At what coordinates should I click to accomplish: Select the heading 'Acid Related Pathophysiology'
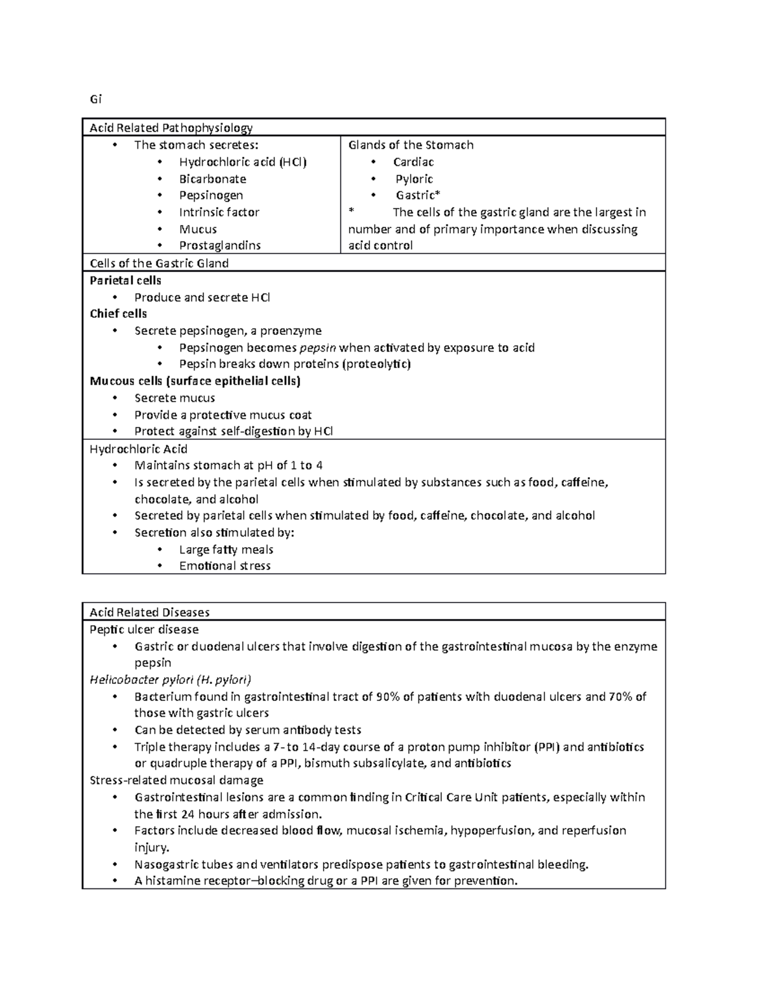tap(171, 128)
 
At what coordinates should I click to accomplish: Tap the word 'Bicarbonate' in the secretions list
tap(212, 179)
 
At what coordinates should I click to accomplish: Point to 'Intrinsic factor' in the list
tap(219, 212)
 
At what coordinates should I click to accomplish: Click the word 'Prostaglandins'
tap(220, 245)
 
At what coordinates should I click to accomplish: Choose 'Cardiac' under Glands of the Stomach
tap(413, 162)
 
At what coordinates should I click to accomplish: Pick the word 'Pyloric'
tap(415, 179)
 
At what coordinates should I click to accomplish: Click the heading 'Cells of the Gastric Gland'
tap(159, 263)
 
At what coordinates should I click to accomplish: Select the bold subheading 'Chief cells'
tap(118, 314)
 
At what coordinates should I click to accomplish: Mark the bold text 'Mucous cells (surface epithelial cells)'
tap(195, 381)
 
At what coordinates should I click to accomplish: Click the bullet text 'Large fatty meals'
tap(226, 550)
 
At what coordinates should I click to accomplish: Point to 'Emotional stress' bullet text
tap(224, 566)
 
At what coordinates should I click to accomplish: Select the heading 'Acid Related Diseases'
tap(149, 613)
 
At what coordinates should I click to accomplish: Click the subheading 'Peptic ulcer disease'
tap(144, 630)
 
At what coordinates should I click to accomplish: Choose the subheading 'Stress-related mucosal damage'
tap(176, 780)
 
